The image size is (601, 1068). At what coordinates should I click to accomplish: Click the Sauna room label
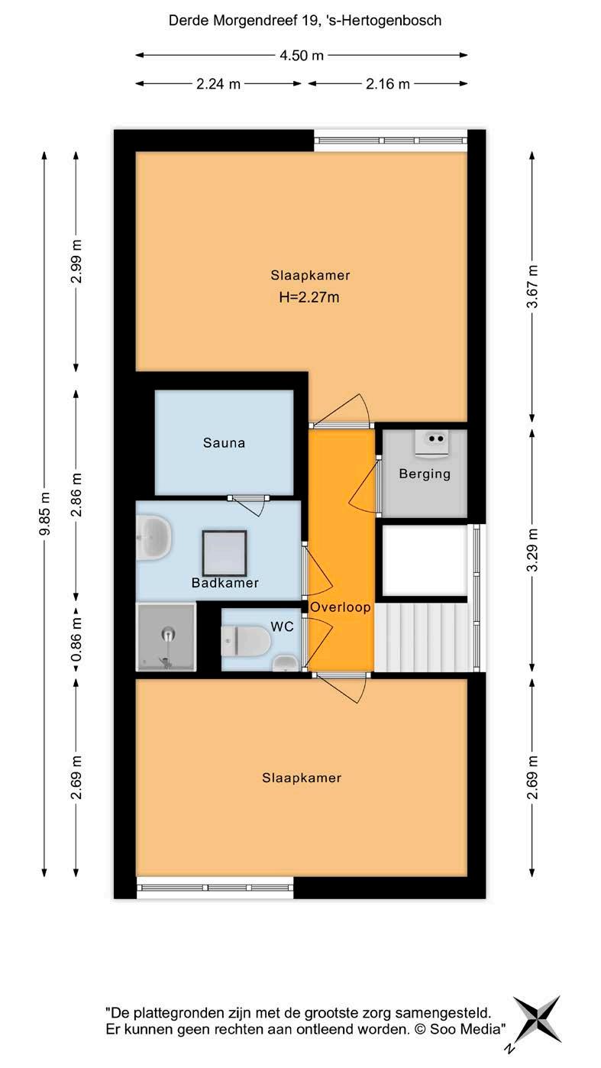[224, 443]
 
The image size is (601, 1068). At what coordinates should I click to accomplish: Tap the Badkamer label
[225, 583]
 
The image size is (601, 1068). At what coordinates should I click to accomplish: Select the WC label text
[282, 626]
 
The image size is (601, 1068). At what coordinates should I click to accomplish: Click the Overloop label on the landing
[341, 607]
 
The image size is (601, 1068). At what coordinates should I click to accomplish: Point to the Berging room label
[425, 474]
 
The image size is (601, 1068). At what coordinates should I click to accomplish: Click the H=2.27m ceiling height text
[309, 297]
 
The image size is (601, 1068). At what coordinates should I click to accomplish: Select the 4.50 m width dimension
[302, 55]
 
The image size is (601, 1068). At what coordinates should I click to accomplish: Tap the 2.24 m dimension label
[218, 84]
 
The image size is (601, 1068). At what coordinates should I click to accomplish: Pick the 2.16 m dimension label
[387, 84]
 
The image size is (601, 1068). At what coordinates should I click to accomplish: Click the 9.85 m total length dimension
[45, 514]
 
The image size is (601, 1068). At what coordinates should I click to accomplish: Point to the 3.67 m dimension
[532, 286]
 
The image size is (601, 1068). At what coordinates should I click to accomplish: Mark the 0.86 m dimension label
[76, 640]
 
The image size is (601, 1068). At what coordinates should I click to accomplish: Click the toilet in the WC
[245, 641]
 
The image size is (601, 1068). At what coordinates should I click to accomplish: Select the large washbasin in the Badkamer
[153, 537]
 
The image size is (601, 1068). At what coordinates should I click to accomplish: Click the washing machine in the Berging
[435, 443]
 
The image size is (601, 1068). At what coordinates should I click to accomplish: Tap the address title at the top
[305, 21]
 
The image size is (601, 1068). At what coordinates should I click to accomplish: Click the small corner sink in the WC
[286, 663]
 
